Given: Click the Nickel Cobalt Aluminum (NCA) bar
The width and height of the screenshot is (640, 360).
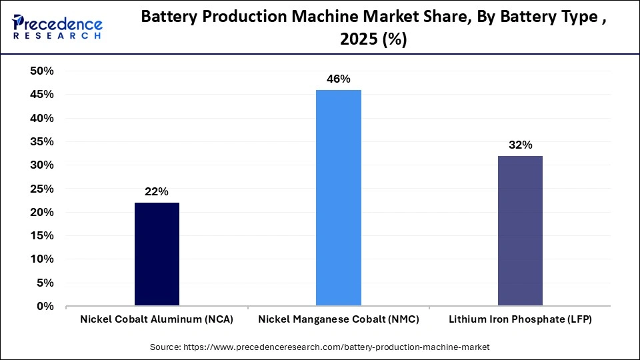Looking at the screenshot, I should tap(157, 254).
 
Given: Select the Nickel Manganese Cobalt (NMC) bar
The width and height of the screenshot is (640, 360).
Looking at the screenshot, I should tap(338, 198).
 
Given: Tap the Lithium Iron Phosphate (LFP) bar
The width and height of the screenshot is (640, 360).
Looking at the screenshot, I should tap(520, 231).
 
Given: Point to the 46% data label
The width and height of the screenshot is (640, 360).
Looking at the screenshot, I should tap(338, 79).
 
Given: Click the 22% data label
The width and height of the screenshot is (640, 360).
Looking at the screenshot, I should tap(157, 192).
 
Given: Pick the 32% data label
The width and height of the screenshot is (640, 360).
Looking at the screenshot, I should tap(520, 145).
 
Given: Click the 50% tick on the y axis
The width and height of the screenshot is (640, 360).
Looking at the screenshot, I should tap(41, 71).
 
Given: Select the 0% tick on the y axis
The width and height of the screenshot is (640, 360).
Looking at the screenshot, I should tap(45, 307).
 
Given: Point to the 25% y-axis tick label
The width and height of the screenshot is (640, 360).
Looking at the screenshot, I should tap(41, 189).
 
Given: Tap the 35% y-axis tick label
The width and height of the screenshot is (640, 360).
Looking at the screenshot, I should tap(41, 142).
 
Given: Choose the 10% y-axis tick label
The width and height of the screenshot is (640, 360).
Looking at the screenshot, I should tap(41, 259).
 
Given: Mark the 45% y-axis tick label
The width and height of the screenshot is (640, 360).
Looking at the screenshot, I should tap(41, 95).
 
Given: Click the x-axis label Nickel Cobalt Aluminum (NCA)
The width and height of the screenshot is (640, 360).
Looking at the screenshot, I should tap(157, 320).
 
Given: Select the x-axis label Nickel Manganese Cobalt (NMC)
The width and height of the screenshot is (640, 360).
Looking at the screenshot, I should tap(338, 320).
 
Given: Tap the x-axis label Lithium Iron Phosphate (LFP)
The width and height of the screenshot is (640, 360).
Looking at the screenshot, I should tap(520, 320).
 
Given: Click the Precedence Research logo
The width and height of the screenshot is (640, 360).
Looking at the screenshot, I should tap(57, 26).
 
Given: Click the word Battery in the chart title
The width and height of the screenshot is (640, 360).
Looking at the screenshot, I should tap(168, 19).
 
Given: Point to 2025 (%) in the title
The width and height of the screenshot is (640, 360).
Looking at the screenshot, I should tap(373, 40).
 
